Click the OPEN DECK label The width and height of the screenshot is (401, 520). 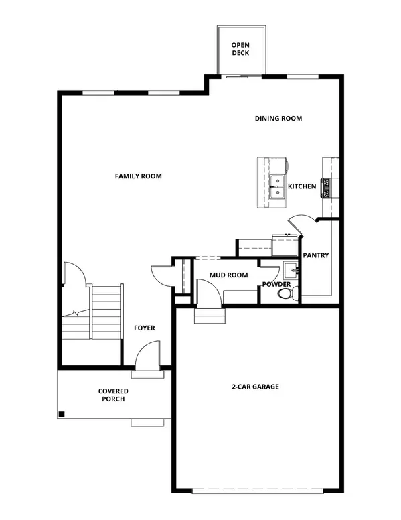click(x=240, y=49)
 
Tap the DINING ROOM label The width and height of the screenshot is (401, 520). click(x=278, y=119)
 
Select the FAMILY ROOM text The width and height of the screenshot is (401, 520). click(x=139, y=176)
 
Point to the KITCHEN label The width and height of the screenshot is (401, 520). click(x=302, y=186)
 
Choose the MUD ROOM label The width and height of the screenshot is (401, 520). click(x=228, y=275)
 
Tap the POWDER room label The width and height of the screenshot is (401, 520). click(x=277, y=284)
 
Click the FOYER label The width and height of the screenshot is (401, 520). click(x=144, y=328)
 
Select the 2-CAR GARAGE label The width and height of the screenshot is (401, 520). click(x=256, y=387)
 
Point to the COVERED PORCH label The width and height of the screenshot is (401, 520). click(x=113, y=395)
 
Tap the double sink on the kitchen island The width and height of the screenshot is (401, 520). click(x=276, y=186)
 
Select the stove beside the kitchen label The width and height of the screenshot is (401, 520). click(x=327, y=188)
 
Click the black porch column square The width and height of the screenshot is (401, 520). click(x=62, y=414)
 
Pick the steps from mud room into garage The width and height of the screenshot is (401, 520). click(x=209, y=315)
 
